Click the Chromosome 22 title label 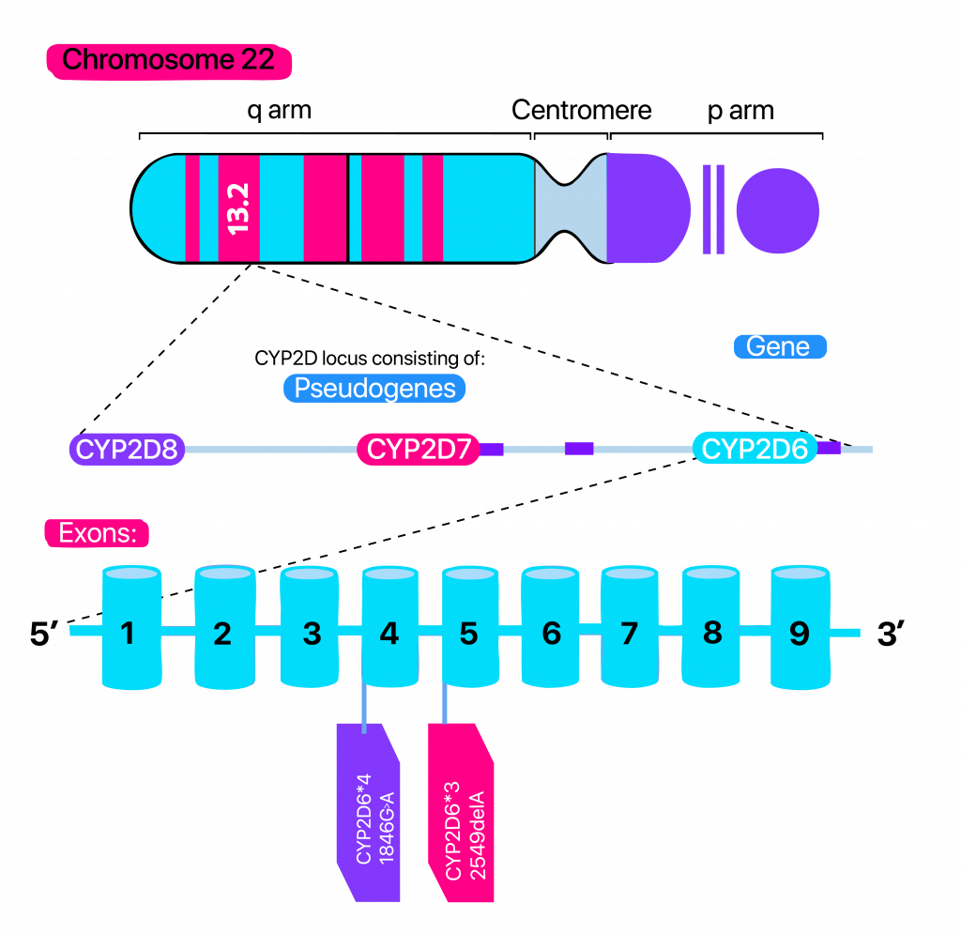pos(169,61)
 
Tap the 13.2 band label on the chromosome pos(238,208)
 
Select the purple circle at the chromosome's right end pos(777,209)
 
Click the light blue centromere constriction pos(571,208)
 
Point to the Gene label pos(779,346)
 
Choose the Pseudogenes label pos(374,388)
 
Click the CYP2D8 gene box pos(127,449)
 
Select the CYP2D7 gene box pos(419,449)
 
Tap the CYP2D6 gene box pos(755,449)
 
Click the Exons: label pos(98,533)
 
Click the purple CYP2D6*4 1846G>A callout pos(369,813)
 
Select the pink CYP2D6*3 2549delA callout pos(461,813)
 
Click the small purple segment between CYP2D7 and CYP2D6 pos(579,449)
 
